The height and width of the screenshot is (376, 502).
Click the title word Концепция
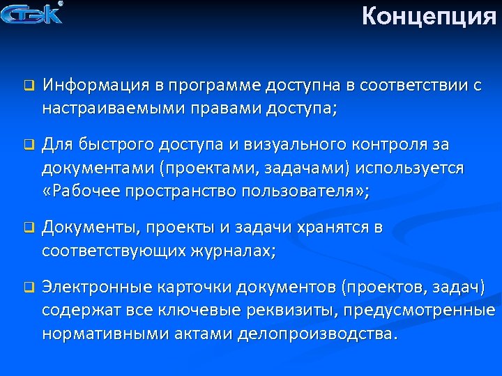tap(429, 16)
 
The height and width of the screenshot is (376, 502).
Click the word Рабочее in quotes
tap(87, 191)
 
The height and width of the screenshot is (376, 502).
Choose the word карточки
tap(197, 287)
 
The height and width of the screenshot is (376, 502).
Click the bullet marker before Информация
tap(29, 86)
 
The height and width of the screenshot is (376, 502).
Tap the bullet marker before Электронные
tap(29, 287)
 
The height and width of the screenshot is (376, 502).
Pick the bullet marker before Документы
tap(29, 228)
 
